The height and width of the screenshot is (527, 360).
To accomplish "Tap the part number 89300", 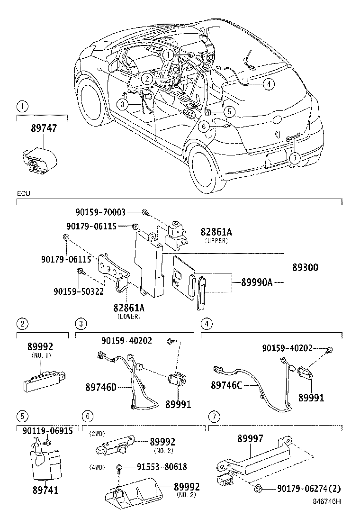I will [301, 268].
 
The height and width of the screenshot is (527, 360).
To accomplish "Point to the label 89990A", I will [257, 282].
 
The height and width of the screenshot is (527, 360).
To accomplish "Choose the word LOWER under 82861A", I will [128, 316].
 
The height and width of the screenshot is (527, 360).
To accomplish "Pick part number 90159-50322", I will [79, 291].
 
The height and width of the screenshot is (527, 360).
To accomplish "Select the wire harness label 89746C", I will [226, 386].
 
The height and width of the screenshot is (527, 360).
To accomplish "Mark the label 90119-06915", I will [47, 431].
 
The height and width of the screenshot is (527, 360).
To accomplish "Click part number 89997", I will [250, 439].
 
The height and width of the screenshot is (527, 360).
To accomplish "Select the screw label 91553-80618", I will [159, 467].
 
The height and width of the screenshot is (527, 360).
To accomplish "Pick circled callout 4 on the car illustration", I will [268, 84].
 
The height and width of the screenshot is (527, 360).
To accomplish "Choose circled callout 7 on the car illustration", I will [295, 158].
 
